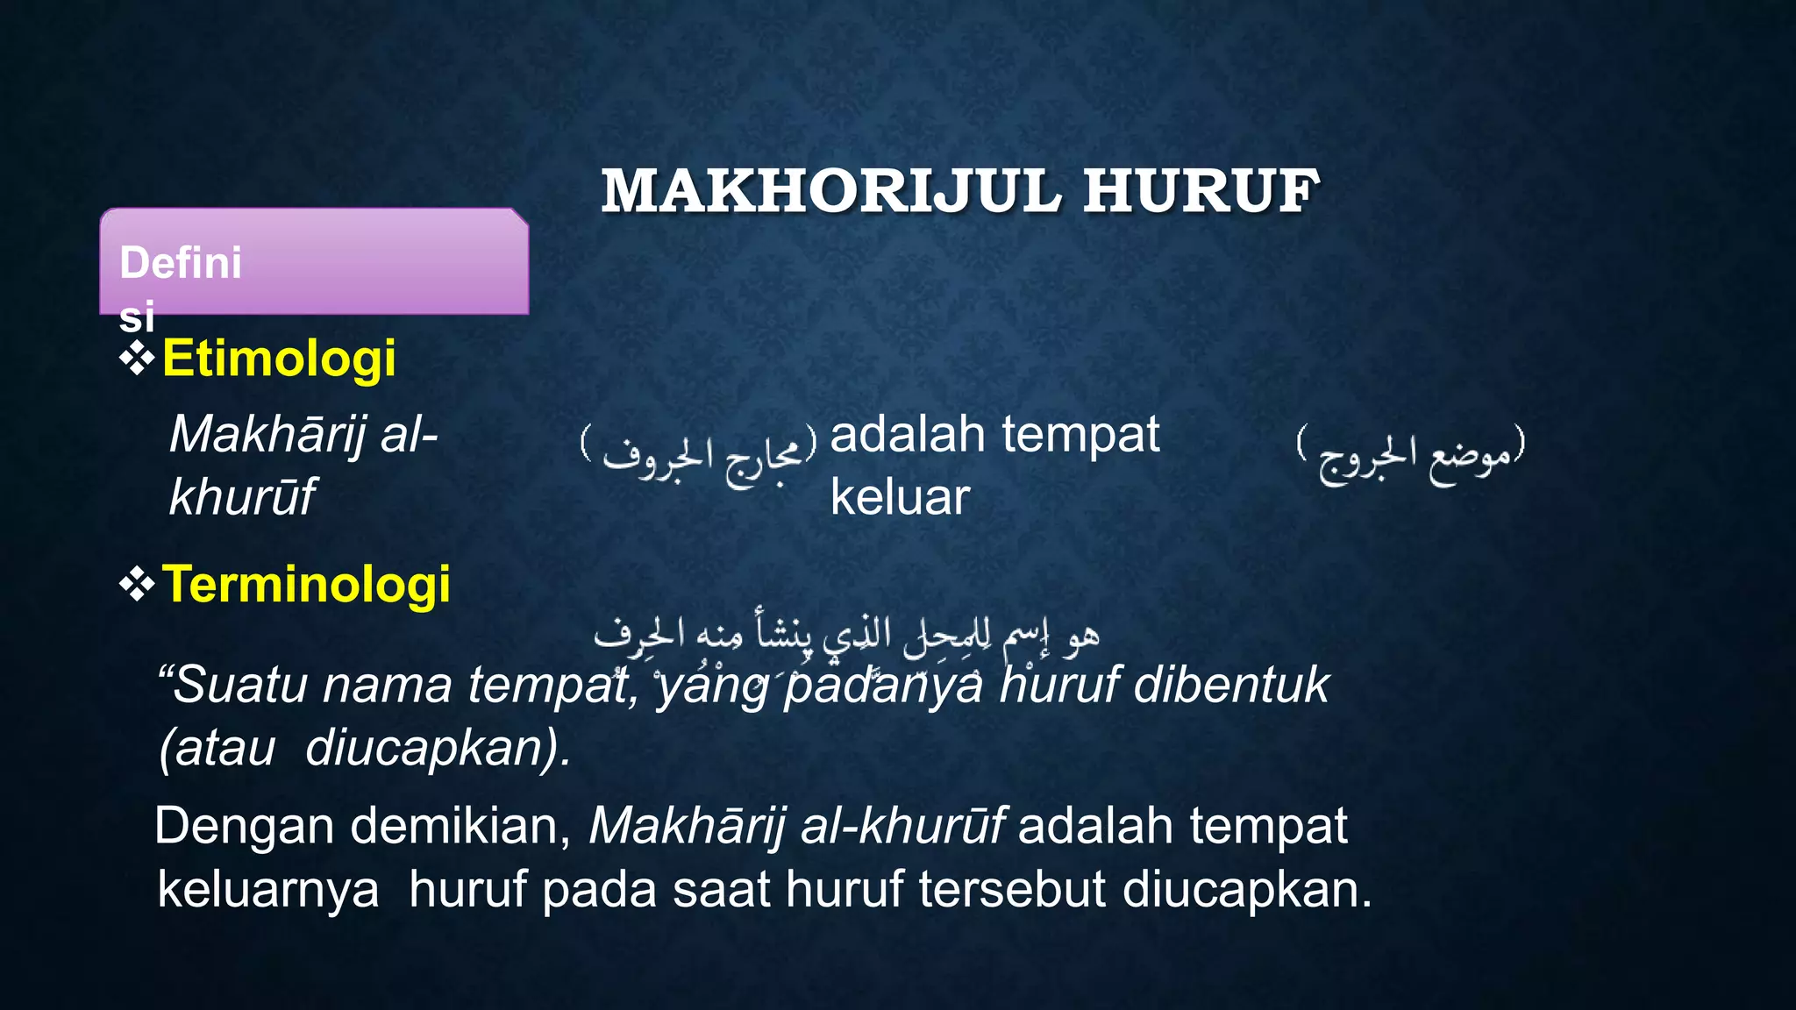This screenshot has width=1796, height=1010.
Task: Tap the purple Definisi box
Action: click(x=314, y=261)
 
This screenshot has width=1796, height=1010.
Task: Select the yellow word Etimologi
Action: click(x=279, y=359)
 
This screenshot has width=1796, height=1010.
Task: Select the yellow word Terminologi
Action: click(x=306, y=584)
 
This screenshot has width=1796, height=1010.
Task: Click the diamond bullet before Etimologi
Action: click(x=137, y=359)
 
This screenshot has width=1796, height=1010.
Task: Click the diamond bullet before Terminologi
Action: click(x=137, y=584)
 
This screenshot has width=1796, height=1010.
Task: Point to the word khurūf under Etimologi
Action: click(x=241, y=496)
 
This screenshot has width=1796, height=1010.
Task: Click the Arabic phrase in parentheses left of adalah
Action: click(x=699, y=453)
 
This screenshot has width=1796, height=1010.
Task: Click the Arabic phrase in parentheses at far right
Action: click(x=1412, y=453)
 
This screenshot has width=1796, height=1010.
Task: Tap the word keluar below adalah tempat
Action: click(x=900, y=497)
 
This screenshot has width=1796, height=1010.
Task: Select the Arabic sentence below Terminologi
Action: click(x=846, y=634)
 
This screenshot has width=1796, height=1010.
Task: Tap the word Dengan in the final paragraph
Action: click(x=246, y=826)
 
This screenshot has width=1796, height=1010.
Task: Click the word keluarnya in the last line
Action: click(x=268, y=889)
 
